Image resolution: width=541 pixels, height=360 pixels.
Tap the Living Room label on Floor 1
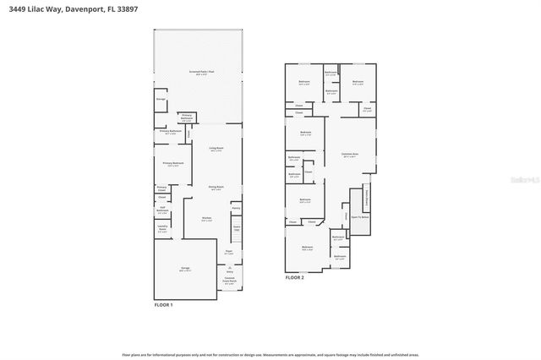216,149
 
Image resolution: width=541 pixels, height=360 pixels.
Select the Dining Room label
216,188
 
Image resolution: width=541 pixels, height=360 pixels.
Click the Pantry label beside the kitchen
236,207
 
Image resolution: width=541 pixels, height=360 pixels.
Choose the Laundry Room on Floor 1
162,229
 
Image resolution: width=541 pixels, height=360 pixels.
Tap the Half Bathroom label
162,211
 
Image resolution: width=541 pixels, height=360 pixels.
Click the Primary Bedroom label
172,165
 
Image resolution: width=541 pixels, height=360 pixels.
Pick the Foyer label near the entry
228,252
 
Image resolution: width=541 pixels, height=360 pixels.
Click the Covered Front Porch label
229,281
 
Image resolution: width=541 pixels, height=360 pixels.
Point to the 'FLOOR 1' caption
162,304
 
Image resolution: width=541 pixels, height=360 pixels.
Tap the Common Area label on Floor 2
350,155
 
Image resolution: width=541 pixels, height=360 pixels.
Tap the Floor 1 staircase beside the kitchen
237,227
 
